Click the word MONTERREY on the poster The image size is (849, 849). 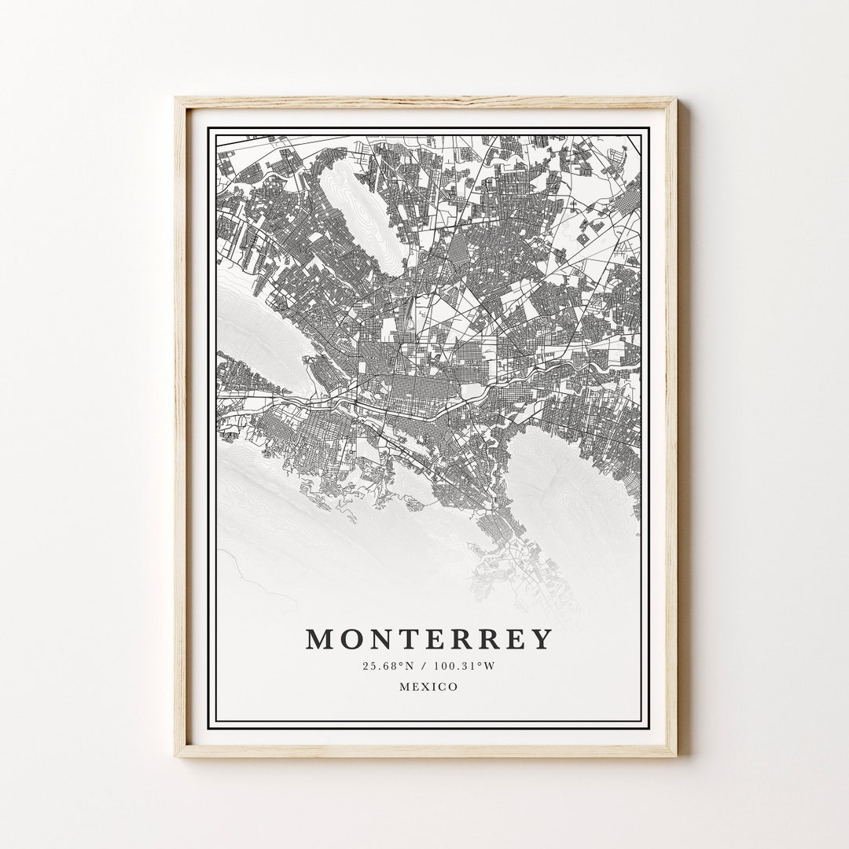tap(429, 639)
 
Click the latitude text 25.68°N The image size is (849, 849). tap(388, 666)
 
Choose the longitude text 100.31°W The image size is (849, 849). tap(464, 666)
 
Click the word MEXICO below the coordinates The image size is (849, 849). tap(428, 686)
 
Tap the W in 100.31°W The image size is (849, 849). tap(491, 666)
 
